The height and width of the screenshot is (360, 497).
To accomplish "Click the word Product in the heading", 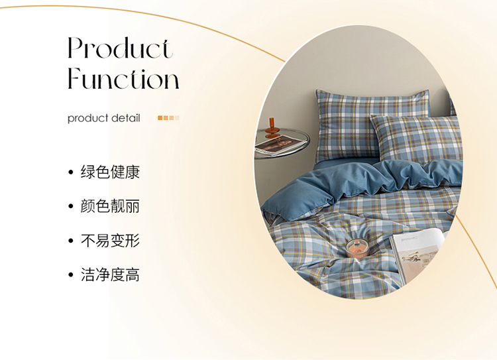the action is (x=120, y=48).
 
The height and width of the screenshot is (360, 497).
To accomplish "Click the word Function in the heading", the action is (x=124, y=78).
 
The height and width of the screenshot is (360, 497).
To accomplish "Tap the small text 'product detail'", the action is (x=103, y=118).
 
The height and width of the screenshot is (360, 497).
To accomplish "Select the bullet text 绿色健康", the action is (x=110, y=172).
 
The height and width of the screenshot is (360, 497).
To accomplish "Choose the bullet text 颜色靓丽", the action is (x=110, y=206).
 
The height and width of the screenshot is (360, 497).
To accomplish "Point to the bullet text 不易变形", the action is (x=110, y=241).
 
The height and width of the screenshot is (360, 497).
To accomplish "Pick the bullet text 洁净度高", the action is (x=110, y=274).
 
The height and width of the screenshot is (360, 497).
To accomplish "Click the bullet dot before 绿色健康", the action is (x=71, y=172).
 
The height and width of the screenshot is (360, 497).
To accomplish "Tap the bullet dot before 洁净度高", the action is (x=71, y=275).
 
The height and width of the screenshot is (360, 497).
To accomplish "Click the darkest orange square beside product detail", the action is (x=160, y=118).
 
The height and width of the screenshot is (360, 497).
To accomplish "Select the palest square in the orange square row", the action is (x=177, y=118).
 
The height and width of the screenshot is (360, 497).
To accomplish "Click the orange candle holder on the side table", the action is (x=272, y=128).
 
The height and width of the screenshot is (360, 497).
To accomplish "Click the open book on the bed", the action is (x=417, y=254).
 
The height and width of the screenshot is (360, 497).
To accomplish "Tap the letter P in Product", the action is (x=76, y=48).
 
